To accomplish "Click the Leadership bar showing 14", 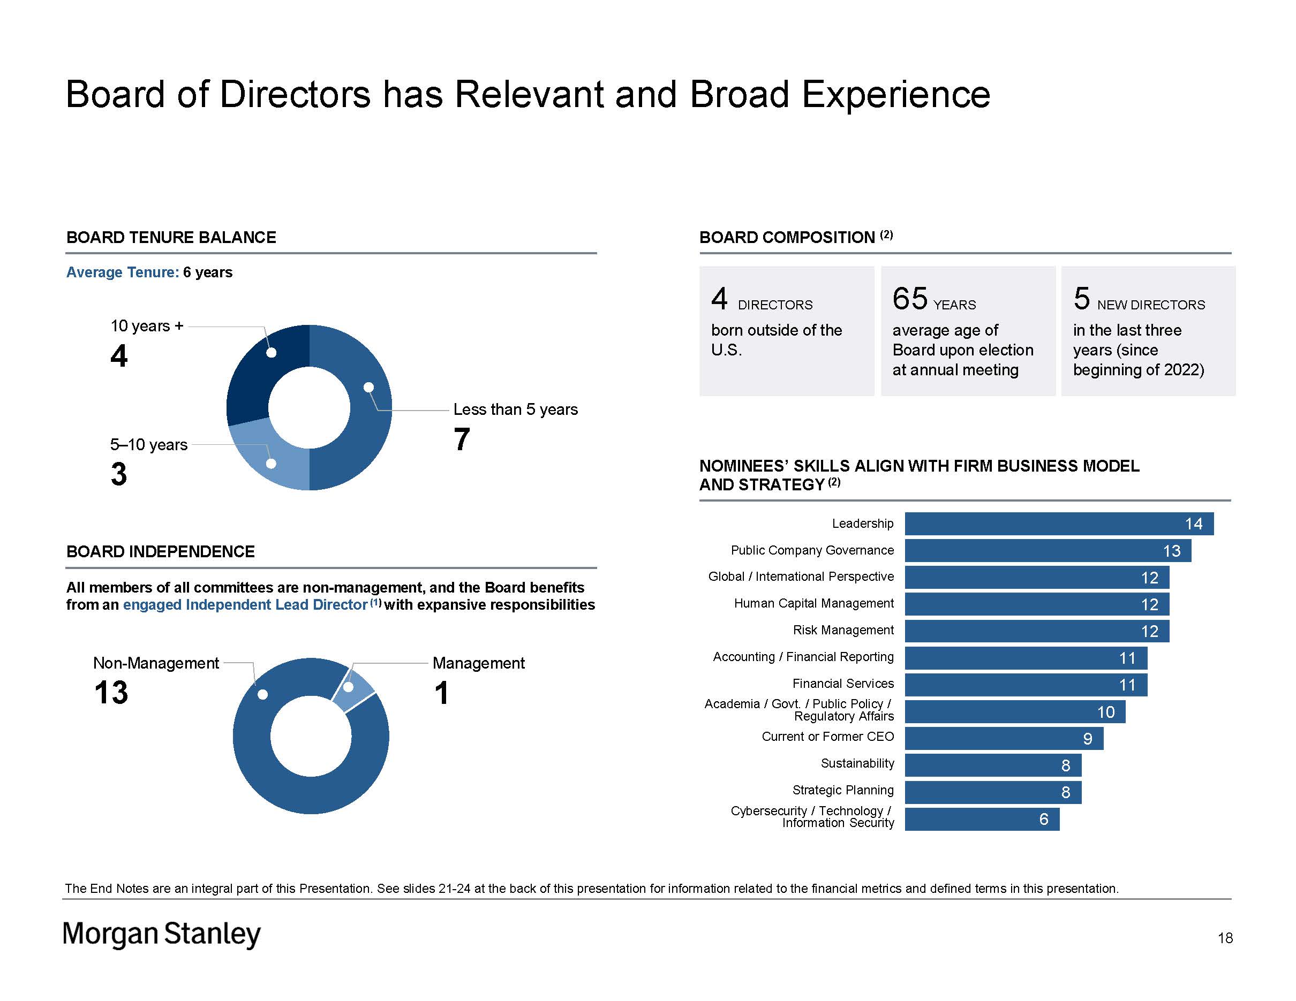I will (x=1059, y=524).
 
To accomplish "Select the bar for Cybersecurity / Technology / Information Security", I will (x=982, y=819).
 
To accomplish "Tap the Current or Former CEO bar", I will (x=1004, y=738).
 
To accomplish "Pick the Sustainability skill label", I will (x=857, y=763).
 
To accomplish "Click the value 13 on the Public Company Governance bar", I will (x=1171, y=551).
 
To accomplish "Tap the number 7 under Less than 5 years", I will (x=462, y=439).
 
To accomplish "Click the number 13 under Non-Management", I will (x=111, y=692).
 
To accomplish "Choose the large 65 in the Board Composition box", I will (x=910, y=298).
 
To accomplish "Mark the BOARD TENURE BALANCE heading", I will (x=171, y=237).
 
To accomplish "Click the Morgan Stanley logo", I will (x=161, y=934).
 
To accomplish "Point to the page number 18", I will (x=1225, y=937).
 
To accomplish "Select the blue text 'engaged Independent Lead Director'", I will (x=245, y=604).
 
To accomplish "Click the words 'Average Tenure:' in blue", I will (x=122, y=272).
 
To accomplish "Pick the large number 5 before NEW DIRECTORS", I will (x=1081, y=298).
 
